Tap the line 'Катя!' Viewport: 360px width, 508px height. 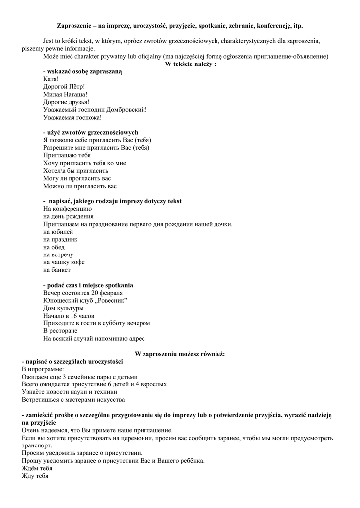[51, 79]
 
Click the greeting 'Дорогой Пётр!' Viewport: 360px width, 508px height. [64, 86]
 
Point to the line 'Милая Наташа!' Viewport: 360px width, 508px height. [66, 94]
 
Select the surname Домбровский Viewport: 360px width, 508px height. [127, 110]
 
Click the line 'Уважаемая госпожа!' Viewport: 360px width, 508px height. [72, 117]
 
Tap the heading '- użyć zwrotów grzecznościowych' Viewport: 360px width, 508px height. [90, 132]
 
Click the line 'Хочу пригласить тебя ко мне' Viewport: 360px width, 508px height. [84, 163]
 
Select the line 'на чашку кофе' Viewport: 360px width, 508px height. [64, 262]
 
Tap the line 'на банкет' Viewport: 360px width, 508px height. [57, 270]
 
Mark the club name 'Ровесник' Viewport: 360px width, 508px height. [111, 301]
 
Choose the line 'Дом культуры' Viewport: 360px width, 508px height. [64, 308]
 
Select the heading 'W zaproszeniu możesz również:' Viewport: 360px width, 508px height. [180, 354]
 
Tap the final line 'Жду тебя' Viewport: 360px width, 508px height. [35, 476]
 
